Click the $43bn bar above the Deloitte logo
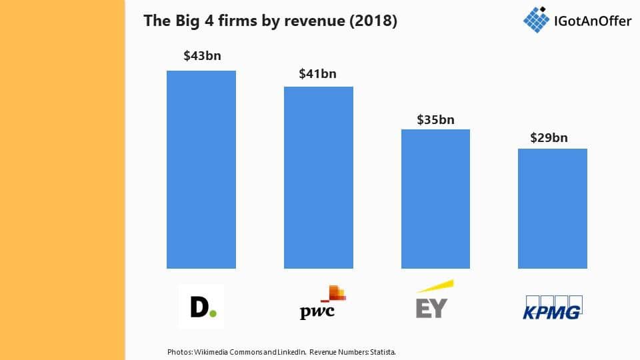click(201, 169)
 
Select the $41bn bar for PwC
click(319, 177)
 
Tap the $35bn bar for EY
click(435, 199)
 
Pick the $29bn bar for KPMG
click(553, 209)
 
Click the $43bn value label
click(203, 55)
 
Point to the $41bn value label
click(317, 73)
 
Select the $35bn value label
click(435, 119)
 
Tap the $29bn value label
click(549, 137)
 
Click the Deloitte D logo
click(201, 307)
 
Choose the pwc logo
click(323, 303)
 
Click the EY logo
click(434, 299)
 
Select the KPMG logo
click(553, 307)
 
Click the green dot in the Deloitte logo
click(213, 313)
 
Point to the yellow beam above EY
click(435, 286)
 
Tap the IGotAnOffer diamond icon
click(536, 19)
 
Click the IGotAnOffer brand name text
click(593, 21)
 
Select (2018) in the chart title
click(373, 21)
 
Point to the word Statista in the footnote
click(383, 352)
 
